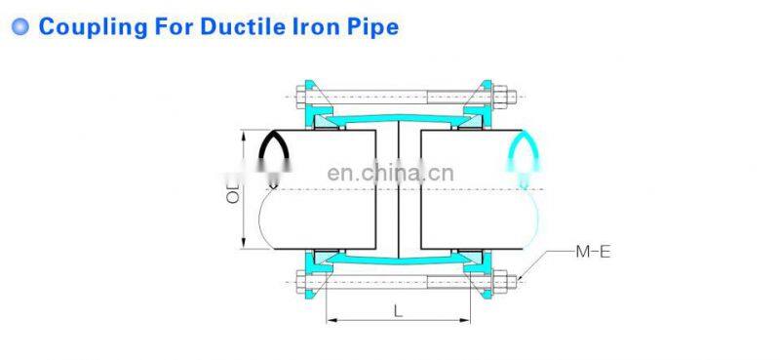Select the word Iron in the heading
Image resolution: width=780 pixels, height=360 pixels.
tap(308, 26)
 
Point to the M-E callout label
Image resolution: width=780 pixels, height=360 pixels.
tap(592, 253)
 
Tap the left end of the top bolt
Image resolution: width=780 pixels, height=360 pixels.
tap(298, 97)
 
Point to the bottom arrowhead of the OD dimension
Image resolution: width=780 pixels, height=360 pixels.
tap(242, 246)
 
